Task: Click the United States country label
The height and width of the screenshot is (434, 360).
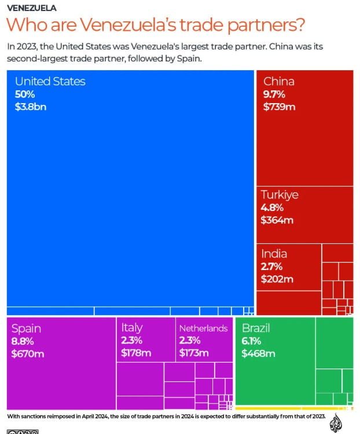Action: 50,81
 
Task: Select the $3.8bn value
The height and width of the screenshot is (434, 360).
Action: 31,107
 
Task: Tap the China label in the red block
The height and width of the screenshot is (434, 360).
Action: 279,81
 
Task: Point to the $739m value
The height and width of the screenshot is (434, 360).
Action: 280,107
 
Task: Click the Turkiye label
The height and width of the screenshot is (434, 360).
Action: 280,195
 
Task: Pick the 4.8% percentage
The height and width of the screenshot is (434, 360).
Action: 272,207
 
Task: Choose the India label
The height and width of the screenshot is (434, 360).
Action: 274,254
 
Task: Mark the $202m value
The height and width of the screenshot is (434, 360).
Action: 277,279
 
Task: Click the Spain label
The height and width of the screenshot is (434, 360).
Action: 26,329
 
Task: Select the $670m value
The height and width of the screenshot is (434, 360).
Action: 28,353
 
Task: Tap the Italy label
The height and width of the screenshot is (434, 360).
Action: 132,328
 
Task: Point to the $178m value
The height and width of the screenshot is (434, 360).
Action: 136,353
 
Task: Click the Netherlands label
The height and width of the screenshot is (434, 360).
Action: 203,329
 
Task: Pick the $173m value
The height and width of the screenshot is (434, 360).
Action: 194,353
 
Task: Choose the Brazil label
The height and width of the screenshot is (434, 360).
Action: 256,328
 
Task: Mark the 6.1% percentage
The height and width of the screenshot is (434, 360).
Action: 251,341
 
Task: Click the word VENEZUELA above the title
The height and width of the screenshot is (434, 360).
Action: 32,8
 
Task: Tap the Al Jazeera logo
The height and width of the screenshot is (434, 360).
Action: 336,422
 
